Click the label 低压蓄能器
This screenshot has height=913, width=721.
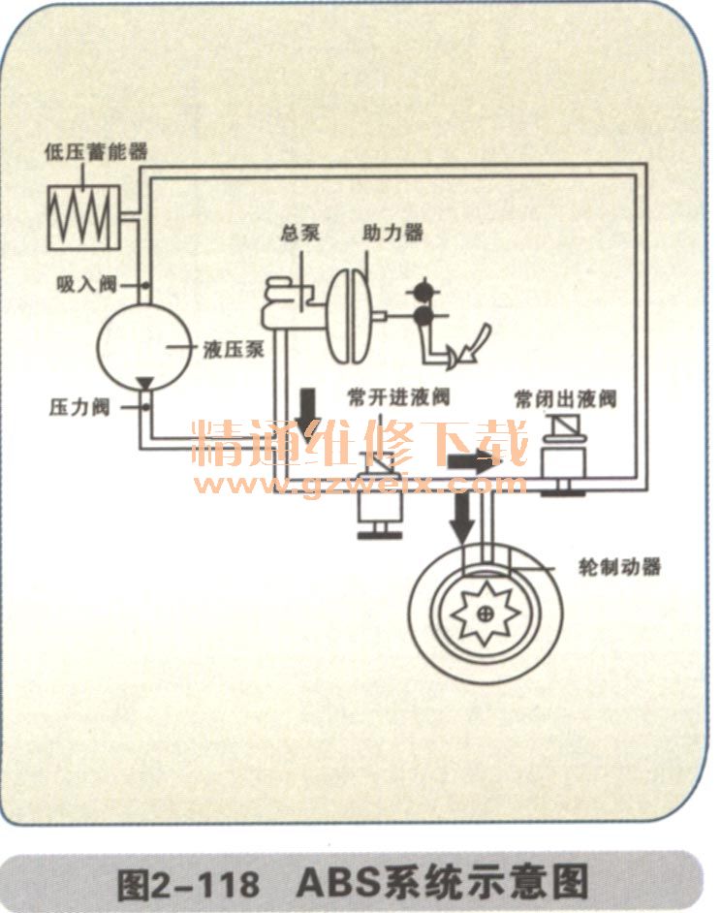(x=95, y=154)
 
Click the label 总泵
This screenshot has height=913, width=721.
(x=300, y=235)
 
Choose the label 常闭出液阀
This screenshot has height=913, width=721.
(x=566, y=397)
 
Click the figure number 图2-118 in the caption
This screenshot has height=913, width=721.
(x=189, y=884)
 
